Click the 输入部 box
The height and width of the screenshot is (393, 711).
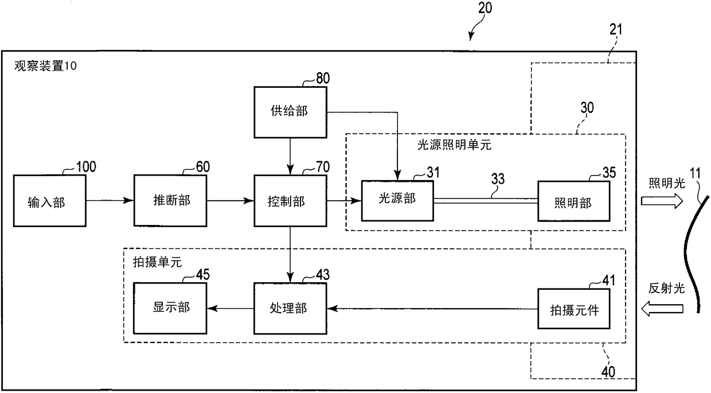[x=49, y=200]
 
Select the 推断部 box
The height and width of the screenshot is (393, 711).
[x=170, y=200]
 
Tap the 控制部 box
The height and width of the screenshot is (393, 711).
[x=290, y=200]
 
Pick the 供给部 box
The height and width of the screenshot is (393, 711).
[x=290, y=112]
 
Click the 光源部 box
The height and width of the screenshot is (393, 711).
[x=397, y=201]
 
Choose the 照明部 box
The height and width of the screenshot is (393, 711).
[x=573, y=201]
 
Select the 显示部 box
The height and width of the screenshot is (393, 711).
[x=170, y=308]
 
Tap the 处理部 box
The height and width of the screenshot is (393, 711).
[x=290, y=308]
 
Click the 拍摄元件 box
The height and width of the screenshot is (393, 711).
[x=573, y=309]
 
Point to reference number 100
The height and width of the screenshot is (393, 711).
[x=86, y=167]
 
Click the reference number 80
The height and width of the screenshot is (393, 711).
[x=323, y=78]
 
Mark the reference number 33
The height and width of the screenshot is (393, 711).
[x=498, y=179]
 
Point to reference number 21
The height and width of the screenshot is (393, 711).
[x=616, y=29]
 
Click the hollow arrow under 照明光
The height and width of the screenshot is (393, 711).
[x=662, y=201]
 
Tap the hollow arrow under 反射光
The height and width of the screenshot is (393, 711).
[x=662, y=309]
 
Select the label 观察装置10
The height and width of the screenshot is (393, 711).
[x=45, y=66]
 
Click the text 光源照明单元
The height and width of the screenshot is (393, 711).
[x=454, y=145]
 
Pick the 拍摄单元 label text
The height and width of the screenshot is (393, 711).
[x=158, y=262]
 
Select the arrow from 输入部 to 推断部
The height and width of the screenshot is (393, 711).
[x=110, y=200]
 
